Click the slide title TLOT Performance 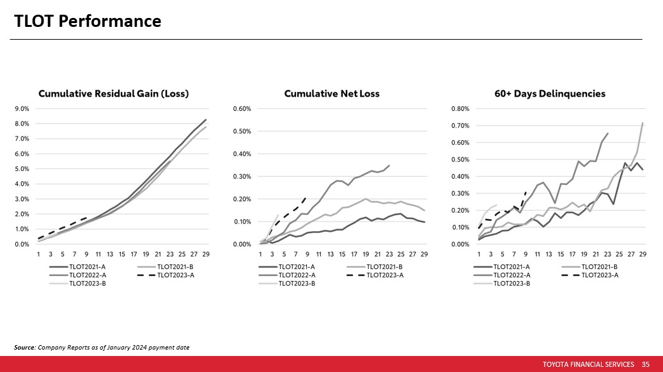[88, 21]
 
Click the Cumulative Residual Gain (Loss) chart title [113, 93]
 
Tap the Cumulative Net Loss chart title [332, 93]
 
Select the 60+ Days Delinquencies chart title [549, 93]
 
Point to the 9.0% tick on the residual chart [22, 109]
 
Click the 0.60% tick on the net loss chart [242, 109]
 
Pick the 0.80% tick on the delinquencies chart [460, 109]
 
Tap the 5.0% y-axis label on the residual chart [22, 169]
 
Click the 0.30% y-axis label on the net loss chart [242, 177]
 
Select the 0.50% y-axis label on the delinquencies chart [460, 159]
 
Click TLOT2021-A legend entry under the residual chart [82, 266]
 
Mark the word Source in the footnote [24, 347]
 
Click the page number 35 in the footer [645, 364]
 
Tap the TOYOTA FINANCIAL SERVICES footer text [588, 364]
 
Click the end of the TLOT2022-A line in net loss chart [389, 165]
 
